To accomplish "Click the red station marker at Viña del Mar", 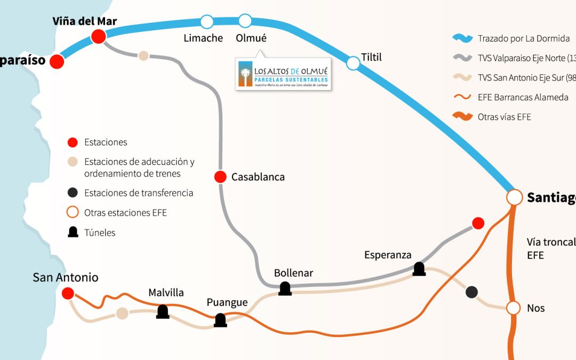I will [98, 36].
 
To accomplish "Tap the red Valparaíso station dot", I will [57, 61].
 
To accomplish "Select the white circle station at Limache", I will [206, 22].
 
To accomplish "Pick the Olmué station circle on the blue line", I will [245, 21].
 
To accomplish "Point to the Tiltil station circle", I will [353, 63].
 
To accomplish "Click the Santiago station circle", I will [515, 197].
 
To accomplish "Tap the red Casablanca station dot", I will [220, 177].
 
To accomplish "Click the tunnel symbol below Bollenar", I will [285, 289].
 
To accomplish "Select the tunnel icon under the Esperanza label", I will [419, 269].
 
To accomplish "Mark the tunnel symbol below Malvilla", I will [163, 311].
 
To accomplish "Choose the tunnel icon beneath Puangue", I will [220, 320].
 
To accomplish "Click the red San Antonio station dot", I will [68, 293].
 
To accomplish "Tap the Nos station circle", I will [513, 308].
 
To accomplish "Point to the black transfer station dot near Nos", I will [471, 292].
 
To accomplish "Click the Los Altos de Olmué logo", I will [284, 74].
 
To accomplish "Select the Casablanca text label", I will [258, 177].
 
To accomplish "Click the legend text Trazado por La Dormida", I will [524, 38].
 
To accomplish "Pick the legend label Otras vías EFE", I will [505, 117].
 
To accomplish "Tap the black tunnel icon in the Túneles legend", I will [74, 232].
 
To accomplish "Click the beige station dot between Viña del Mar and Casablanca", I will [143, 55].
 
